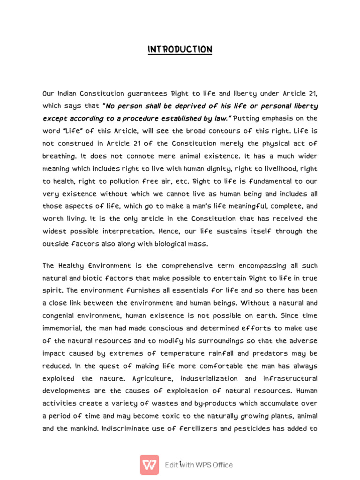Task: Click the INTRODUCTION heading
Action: point(180,50)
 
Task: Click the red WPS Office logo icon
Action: point(150,465)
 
